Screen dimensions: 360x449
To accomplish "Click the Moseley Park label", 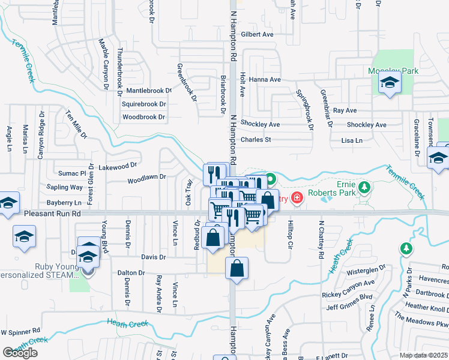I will (393, 71).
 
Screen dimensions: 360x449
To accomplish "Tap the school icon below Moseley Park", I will (390, 84).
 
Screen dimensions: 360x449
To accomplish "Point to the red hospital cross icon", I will (296, 199).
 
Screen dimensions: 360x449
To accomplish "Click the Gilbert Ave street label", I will (256, 35).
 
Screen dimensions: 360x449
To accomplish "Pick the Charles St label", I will (256, 140).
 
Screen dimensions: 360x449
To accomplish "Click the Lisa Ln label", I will (352, 140).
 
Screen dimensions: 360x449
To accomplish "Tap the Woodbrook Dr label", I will (143, 117).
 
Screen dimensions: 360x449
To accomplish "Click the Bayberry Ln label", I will (64, 203).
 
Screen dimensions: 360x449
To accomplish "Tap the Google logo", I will (20, 353).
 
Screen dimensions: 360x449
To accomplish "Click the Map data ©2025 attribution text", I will (423, 355).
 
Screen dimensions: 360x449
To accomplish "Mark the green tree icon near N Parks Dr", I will (407, 248).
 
